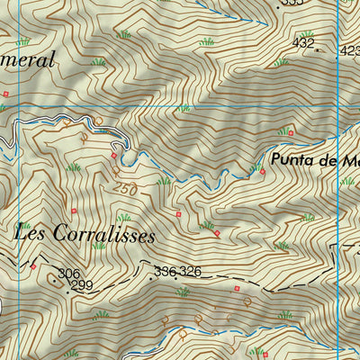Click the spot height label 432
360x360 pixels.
pyautogui.click(x=304, y=42)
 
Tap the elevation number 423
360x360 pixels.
pyautogui.click(x=349, y=52)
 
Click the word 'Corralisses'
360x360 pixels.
pyautogui.click(x=104, y=236)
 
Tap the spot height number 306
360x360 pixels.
pyautogui.click(x=69, y=274)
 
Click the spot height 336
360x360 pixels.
pyautogui.click(x=165, y=271)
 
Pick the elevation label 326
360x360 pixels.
pyautogui.click(x=189, y=271)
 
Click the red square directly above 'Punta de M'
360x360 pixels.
pyautogui.click(x=291, y=134)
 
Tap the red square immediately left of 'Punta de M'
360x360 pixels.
pyautogui.click(x=262, y=170)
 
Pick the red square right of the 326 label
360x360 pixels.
pyautogui.click(x=237, y=289)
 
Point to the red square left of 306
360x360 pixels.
pyautogui.click(x=33, y=266)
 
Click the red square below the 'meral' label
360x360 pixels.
pyautogui.click(x=7, y=93)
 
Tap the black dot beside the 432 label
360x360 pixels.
pyautogui.click(x=316, y=50)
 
